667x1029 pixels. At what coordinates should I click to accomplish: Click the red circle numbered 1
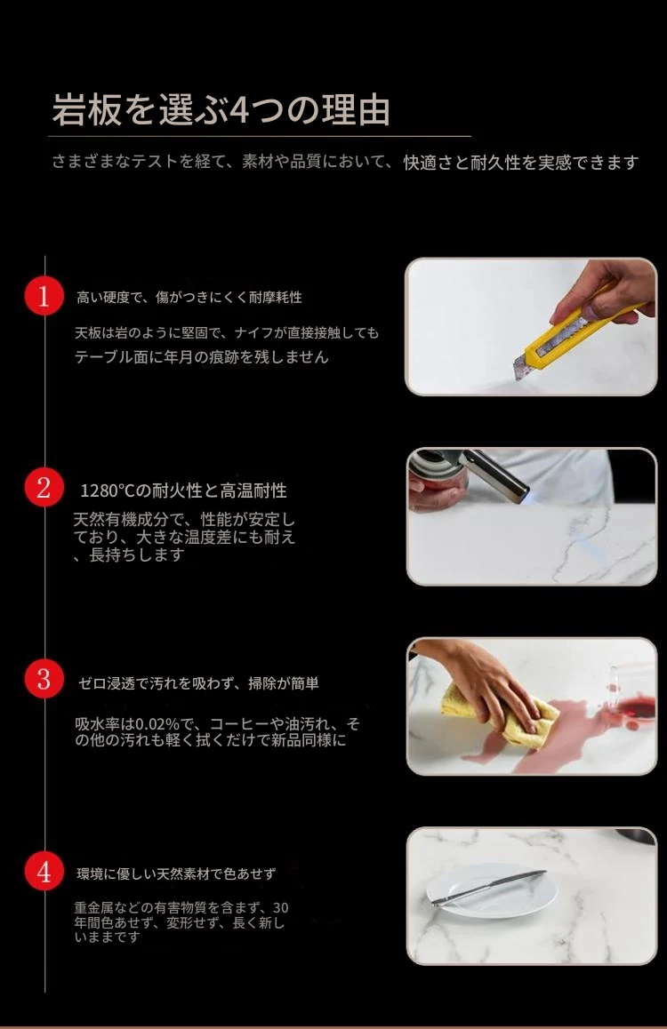(44, 296)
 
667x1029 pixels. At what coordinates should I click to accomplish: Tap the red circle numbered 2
(44, 488)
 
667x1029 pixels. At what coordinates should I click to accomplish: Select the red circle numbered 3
(44, 678)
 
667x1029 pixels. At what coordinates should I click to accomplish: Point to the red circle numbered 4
(44, 872)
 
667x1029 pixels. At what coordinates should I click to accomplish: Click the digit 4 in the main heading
(239, 110)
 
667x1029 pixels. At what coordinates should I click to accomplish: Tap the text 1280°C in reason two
(107, 491)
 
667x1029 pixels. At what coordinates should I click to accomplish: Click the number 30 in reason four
(280, 907)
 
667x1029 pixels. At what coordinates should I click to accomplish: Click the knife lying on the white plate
(488, 887)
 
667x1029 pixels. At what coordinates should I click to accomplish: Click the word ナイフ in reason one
(253, 332)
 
